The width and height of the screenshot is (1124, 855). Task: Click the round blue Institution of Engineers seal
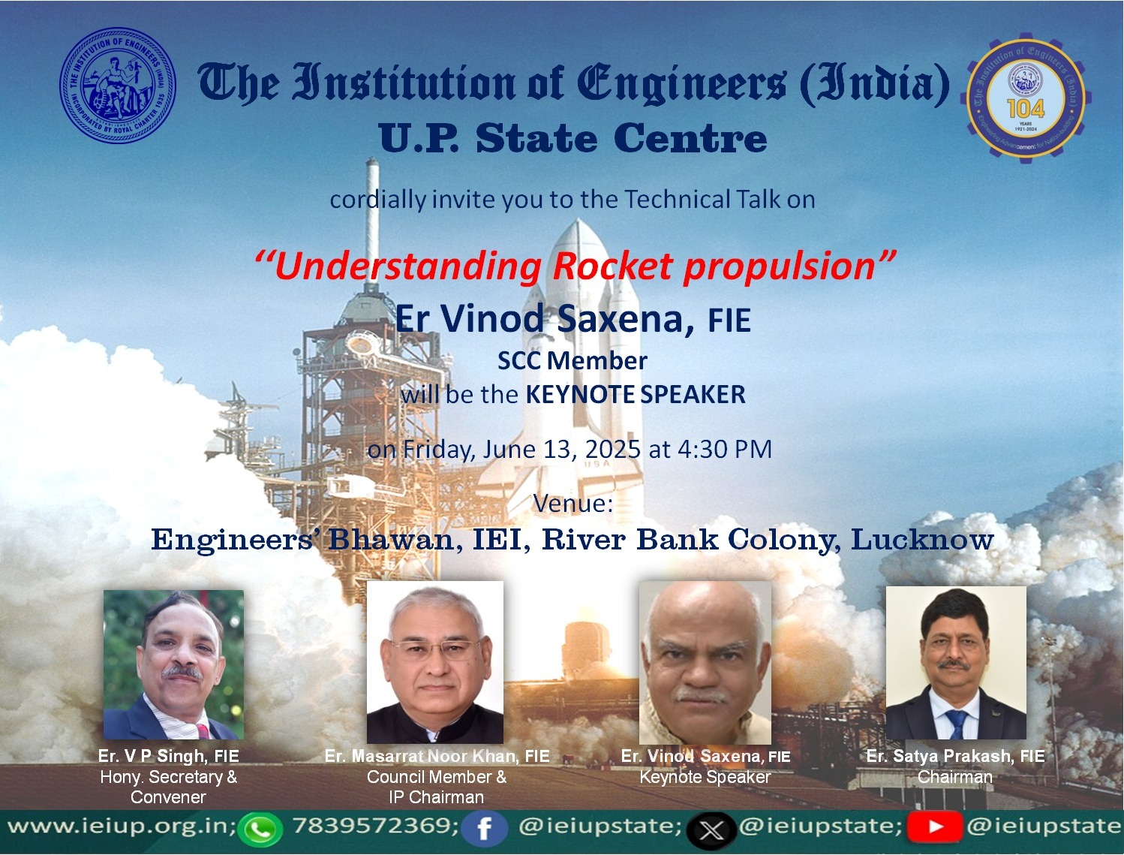click(x=118, y=85)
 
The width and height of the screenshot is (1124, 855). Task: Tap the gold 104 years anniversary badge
click(x=1026, y=99)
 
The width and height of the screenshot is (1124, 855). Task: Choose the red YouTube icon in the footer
click(x=934, y=826)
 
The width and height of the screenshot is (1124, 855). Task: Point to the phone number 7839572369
click(x=375, y=826)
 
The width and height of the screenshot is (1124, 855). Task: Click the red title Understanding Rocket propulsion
click(x=575, y=266)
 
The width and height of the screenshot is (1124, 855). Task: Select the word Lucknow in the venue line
click(x=921, y=540)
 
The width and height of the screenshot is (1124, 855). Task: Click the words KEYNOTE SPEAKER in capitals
click(x=636, y=394)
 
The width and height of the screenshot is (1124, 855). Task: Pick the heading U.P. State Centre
click(x=573, y=138)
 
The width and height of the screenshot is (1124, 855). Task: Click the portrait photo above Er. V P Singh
click(x=173, y=664)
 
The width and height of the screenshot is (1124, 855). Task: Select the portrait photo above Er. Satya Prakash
click(x=956, y=662)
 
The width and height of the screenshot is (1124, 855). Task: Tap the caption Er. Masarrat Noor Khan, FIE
click(x=437, y=756)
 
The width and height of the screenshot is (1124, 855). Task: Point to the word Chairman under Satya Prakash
click(x=955, y=777)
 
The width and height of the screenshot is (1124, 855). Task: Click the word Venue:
click(x=573, y=503)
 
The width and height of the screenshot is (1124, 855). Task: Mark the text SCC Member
click(x=573, y=361)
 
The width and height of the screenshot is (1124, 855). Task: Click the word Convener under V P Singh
click(x=168, y=797)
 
